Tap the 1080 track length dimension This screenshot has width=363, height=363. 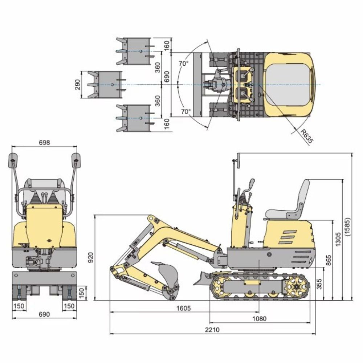[x=260, y=319]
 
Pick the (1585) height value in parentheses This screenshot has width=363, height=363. [x=347, y=227]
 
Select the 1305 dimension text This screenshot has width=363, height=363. [x=338, y=240]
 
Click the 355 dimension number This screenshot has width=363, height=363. [x=319, y=284]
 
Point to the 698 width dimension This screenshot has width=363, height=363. [x=44, y=142]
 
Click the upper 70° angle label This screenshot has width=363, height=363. [x=184, y=63]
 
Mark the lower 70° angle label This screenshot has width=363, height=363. [x=185, y=111]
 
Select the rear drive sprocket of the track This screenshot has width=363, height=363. [x=297, y=287]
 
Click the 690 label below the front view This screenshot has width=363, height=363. [x=44, y=314]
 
